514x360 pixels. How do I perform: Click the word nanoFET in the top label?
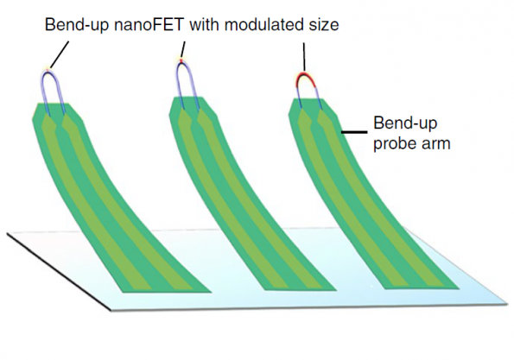point(149,25)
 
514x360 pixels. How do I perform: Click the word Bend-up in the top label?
point(77,25)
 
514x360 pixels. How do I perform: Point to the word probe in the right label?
point(395,144)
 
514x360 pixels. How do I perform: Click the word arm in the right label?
point(436,144)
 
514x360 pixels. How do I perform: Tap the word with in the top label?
point(205,25)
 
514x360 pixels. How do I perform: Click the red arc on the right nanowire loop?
point(306,79)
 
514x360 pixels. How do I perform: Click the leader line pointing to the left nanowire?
point(60,54)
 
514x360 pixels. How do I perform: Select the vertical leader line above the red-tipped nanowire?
point(304,57)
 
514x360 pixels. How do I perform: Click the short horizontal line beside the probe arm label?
point(354,132)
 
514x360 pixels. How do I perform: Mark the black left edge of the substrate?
point(59,272)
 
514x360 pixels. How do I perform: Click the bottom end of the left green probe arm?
point(167,292)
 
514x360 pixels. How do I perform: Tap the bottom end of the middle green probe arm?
point(301,290)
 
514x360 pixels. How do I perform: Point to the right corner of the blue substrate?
point(508,303)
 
